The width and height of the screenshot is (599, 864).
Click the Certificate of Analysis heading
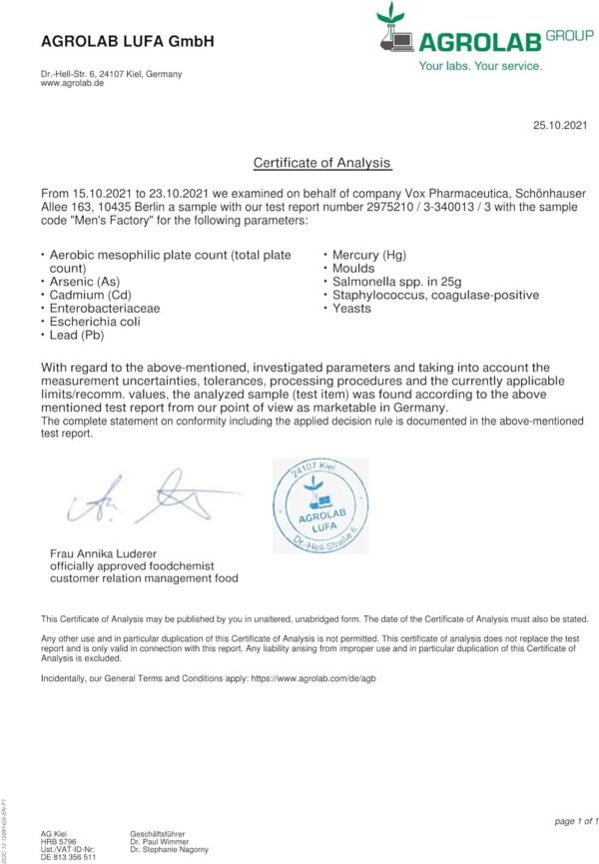click(x=321, y=163)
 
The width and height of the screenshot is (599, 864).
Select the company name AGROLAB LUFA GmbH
click(x=127, y=41)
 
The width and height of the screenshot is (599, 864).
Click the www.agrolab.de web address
click(x=73, y=84)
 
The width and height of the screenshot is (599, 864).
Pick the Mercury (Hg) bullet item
click(x=366, y=256)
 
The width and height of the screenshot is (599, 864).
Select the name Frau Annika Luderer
click(x=103, y=553)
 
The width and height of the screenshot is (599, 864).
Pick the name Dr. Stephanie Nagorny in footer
click(x=169, y=849)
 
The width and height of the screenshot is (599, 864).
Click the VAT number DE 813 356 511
click(x=68, y=858)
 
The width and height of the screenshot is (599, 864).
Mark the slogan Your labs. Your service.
click(x=480, y=66)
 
